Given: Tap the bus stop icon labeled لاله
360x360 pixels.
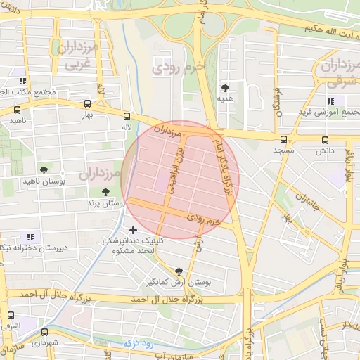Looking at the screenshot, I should tap(127, 116).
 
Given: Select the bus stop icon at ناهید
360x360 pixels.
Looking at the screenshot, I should tap(17, 110).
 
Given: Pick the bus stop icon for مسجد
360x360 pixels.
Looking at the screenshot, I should tap(283, 140).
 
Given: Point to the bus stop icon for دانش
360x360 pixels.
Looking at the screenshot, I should tap(325, 140).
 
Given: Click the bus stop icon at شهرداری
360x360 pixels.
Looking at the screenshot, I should tap(44, 332).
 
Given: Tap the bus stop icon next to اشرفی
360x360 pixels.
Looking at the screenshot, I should tap(10, 315).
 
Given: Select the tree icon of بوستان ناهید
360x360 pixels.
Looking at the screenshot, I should tap(44, 170).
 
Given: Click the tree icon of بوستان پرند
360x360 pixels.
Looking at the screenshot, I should tap(105, 191).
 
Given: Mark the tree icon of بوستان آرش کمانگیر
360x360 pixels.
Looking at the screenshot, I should tap(178, 271).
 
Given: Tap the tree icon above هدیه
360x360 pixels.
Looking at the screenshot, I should tap(225, 88).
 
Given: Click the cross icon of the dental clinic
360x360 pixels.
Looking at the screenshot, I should tap(134, 230).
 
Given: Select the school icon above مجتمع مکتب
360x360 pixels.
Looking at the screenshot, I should tap(23, 81).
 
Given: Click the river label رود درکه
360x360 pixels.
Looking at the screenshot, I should tap(136, 342).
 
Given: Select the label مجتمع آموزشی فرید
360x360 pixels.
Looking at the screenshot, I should tap(330, 112).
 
